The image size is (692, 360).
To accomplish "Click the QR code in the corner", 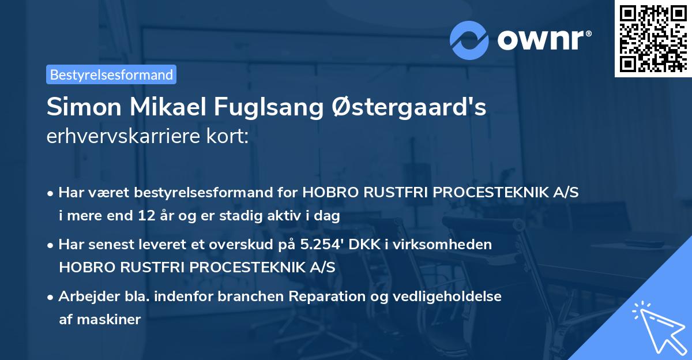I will (653, 38).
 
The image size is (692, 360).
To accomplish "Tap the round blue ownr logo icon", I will (469, 40).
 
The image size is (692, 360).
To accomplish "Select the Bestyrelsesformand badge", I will (111, 74).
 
